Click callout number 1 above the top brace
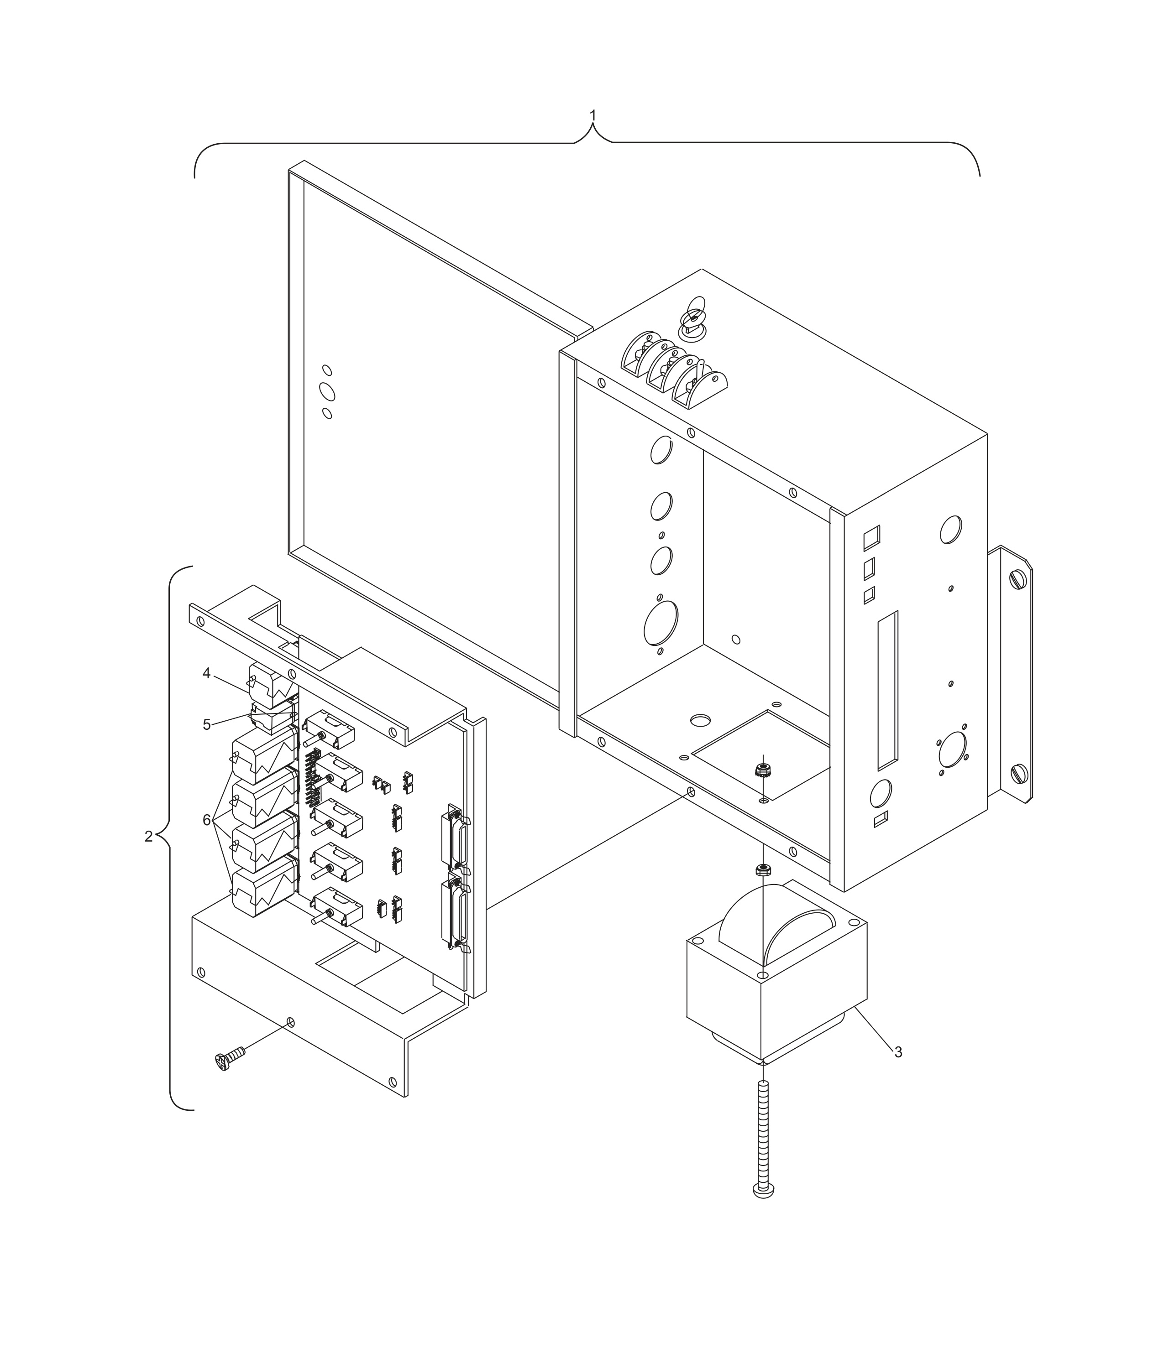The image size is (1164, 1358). click(593, 115)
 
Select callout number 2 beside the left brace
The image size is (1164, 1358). click(149, 836)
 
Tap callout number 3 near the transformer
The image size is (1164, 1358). click(898, 1052)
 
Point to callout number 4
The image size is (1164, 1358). click(206, 673)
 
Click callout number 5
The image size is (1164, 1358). click(207, 724)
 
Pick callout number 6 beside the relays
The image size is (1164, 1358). click(207, 820)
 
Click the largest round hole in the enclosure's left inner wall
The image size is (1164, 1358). click(661, 623)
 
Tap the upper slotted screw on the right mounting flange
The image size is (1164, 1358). click(1018, 579)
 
